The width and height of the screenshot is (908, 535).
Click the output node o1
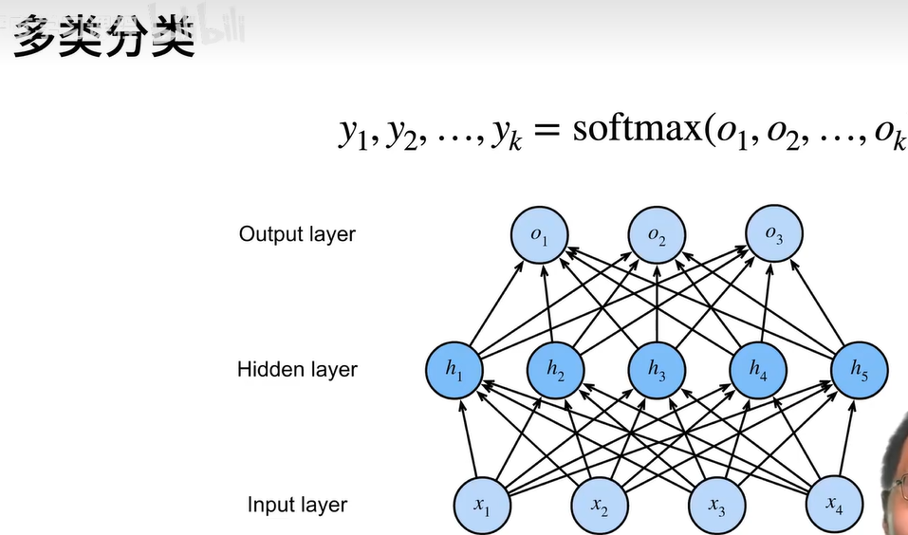pos(540,235)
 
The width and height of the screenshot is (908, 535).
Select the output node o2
pos(657,235)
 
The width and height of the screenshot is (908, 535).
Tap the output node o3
pos(774,235)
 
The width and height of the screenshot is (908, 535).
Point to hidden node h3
pos(658,370)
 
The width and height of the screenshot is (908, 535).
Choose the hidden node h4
pos(758,370)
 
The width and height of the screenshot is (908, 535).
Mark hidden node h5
pos(859,370)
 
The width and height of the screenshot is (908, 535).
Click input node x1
pos(482,506)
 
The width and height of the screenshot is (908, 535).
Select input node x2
pos(600,506)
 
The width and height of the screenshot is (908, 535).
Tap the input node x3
pos(716,506)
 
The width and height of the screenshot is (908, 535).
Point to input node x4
pos(834,506)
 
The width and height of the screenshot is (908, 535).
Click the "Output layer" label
pos(297,234)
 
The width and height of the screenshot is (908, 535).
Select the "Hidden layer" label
pos(297,369)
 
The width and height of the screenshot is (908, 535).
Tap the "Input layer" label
pos(297,505)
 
